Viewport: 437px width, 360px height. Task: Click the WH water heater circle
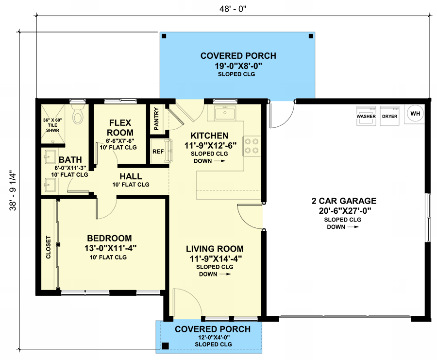tap(415, 114)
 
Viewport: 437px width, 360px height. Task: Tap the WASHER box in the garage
tap(366, 116)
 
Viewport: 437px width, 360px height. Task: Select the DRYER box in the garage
tap(389, 116)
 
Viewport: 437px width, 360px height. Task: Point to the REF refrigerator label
tap(158, 152)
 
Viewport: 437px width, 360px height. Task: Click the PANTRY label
tap(156, 119)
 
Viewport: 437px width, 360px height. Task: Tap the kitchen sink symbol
tap(225, 113)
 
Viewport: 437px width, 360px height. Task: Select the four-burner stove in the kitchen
tap(252, 146)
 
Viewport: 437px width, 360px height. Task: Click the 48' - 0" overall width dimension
tap(233, 9)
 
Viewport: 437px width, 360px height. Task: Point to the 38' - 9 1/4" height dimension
tap(13, 190)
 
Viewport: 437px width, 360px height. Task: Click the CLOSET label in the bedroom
tap(48, 247)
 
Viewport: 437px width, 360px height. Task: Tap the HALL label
tap(131, 176)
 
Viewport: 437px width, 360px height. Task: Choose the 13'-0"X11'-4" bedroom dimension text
tap(111, 248)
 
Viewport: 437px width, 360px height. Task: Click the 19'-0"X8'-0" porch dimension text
tap(238, 66)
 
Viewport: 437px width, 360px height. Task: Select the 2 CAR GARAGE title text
tap(344, 201)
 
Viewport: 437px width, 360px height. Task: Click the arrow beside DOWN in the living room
tap(225, 274)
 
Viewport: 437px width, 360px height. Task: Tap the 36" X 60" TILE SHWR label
tap(52, 125)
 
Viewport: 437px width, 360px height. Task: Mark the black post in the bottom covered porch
tap(166, 346)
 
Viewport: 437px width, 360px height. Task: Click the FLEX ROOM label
tap(120, 127)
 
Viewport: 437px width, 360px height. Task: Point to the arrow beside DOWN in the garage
tap(353, 227)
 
